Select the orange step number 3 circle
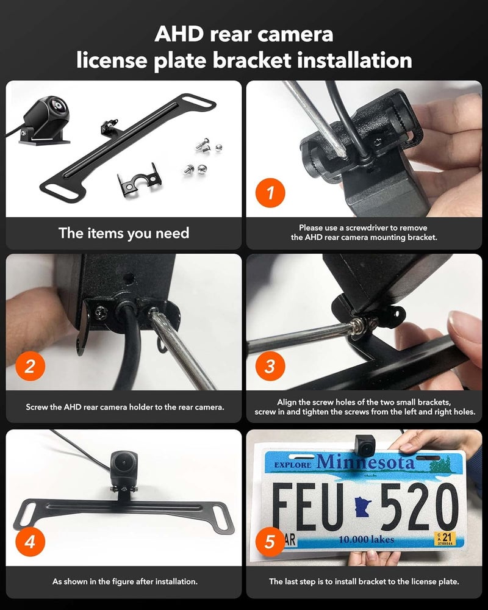click(x=269, y=367)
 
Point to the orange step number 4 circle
click(x=29, y=542)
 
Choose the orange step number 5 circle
click(x=269, y=542)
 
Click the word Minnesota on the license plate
click(x=365, y=462)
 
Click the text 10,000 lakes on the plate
click(x=366, y=539)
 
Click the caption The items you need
click(x=124, y=233)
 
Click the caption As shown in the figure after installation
click(x=124, y=582)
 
